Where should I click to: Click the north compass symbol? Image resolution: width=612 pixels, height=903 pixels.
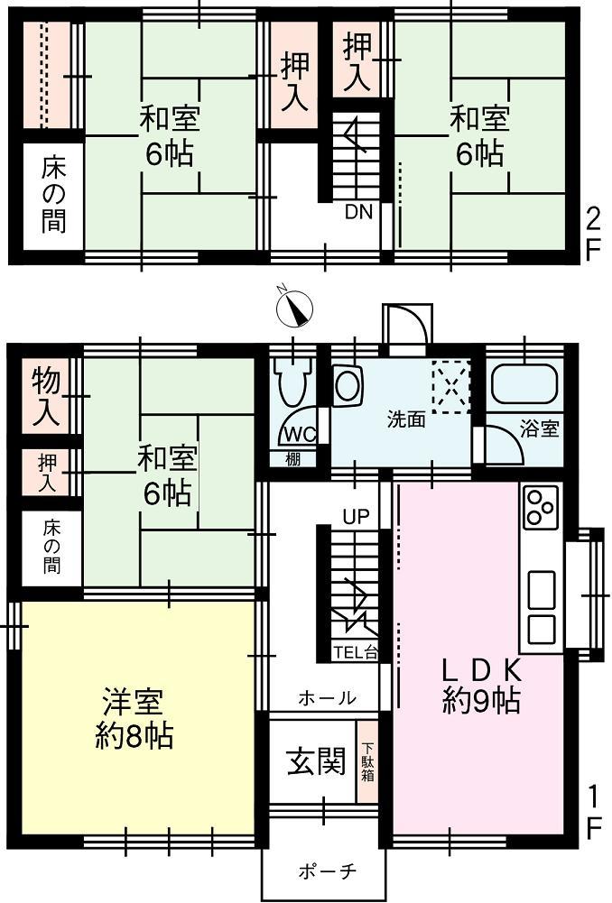click(293, 309)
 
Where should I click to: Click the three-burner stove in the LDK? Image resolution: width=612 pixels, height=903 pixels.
click(541, 506)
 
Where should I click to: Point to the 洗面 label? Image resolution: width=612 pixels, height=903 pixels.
click(403, 419)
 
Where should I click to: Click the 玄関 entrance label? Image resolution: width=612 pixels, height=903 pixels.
click(316, 762)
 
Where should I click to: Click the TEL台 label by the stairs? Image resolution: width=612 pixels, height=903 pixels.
click(356, 653)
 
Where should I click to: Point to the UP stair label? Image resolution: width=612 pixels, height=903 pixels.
click(356, 518)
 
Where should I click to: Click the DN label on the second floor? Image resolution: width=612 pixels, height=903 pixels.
click(357, 212)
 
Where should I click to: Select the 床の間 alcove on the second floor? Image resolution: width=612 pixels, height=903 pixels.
click(53, 194)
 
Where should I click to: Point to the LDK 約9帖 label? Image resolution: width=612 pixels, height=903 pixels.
click(480, 686)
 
